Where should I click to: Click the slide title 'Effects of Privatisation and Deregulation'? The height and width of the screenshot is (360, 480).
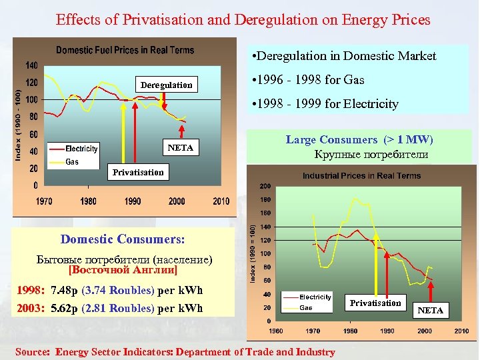pyautogui.click(x=243, y=19)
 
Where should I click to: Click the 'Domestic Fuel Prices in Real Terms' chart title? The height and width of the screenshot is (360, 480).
pyautogui.click(x=125, y=50)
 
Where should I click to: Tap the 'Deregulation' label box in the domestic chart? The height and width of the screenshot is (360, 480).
pyautogui.click(x=166, y=85)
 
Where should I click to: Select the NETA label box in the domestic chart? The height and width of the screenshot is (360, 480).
pyautogui.click(x=181, y=147)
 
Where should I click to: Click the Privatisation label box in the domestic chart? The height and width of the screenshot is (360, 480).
pyautogui.click(x=137, y=172)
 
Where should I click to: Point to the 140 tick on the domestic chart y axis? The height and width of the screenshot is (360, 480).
pyautogui.click(x=31, y=65)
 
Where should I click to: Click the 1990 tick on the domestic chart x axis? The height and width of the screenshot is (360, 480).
pyautogui.click(x=133, y=201)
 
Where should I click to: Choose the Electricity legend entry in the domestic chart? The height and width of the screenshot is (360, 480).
pyautogui.click(x=81, y=149)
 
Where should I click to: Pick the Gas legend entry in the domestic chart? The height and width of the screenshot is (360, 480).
pyautogui.click(x=72, y=161)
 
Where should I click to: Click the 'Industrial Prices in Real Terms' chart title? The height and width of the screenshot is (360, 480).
pyautogui.click(x=361, y=175)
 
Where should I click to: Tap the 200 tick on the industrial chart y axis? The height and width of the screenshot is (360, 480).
pyautogui.click(x=265, y=186)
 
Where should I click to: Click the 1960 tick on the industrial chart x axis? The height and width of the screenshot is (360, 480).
pyautogui.click(x=275, y=331)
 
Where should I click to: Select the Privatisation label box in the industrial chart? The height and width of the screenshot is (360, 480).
pyautogui.click(x=375, y=303)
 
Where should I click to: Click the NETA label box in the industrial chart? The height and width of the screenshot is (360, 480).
pyautogui.click(x=430, y=310)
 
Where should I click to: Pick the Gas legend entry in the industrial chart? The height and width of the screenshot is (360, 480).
pyautogui.click(x=306, y=308)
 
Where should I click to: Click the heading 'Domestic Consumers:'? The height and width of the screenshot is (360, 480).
pyautogui.click(x=123, y=239)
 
